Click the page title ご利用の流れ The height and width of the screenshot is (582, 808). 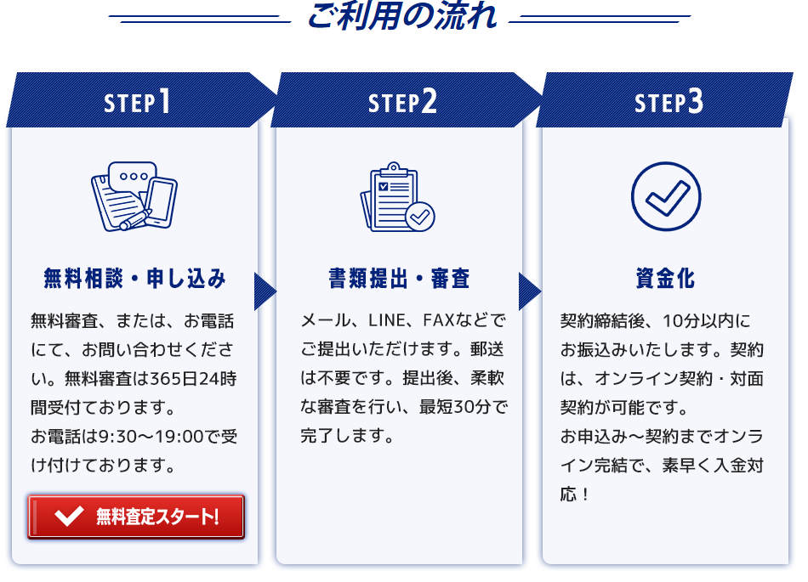(x=401, y=15)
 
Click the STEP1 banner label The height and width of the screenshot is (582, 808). (x=137, y=101)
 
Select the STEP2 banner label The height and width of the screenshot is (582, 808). (x=402, y=101)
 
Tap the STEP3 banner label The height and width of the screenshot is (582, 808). (x=669, y=101)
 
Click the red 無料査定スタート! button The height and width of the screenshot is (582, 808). (x=136, y=517)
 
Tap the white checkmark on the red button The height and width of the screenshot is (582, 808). (x=69, y=516)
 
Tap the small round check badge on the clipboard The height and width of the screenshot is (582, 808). (x=420, y=217)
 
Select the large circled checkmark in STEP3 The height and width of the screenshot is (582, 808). (x=666, y=196)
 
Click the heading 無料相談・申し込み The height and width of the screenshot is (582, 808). (x=134, y=279)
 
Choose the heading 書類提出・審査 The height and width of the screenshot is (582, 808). (x=400, y=279)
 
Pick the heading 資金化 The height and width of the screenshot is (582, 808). (x=665, y=279)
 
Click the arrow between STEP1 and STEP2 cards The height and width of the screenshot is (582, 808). (x=265, y=291)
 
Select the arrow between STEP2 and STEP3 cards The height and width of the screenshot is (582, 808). (x=530, y=291)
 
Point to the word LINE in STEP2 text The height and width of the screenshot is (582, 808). (x=386, y=320)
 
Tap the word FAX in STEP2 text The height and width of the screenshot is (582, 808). (x=439, y=320)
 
